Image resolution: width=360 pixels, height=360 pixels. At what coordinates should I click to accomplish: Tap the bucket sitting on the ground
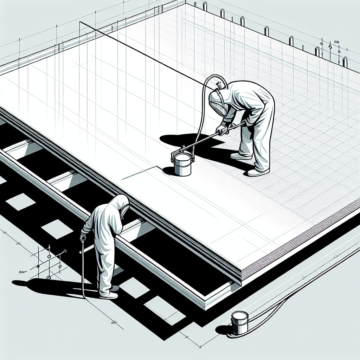tap(240, 322)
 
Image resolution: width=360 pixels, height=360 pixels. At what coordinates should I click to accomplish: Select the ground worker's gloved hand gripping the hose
tap(83, 238)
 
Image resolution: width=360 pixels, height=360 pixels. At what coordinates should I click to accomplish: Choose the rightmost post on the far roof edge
tap(345, 62)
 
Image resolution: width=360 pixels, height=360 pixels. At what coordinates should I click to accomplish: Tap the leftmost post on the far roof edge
tap(205, 6)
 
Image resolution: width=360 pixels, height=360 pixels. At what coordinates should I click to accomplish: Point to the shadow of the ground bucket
tap(224, 330)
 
